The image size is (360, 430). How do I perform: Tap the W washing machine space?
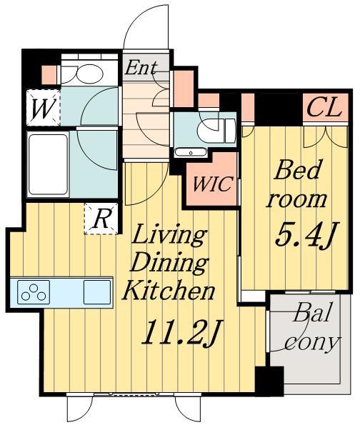pyautogui.click(x=43, y=108)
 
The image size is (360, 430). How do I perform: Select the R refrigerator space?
pyautogui.click(x=101, y=219)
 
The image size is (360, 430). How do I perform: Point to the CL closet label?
pyautogui.click(x=325, y=108)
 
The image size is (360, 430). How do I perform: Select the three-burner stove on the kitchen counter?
pyautogui.click(x=34, y=292)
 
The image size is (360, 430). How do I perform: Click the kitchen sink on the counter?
pyautogui.click(x=97, y=292)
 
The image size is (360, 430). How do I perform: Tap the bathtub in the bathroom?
pyautogui.click(x=48, y=164)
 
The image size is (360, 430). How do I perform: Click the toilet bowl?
pyautogui.click(x=216, y=131)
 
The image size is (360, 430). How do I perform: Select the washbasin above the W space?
pyautogui.click(x=81, y=74)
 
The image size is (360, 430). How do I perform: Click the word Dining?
pyautogui.click(x=170, y=264)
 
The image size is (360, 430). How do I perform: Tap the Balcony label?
pyautogui.click(x=312, y=326)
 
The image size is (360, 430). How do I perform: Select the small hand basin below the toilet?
pyautogui.click(x=191, y=152)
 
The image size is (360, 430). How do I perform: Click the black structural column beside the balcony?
pyautogui.click(x=269, y=381)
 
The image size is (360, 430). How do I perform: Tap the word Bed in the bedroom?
pyautogui.click(x=298, y=170)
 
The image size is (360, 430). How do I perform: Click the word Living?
pyautogui.click(x=169, y=235)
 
